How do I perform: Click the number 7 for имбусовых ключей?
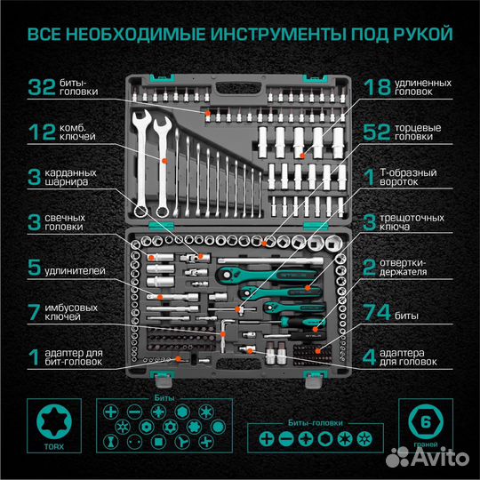tap(34, 313)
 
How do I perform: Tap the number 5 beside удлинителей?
tap(34, 268)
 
